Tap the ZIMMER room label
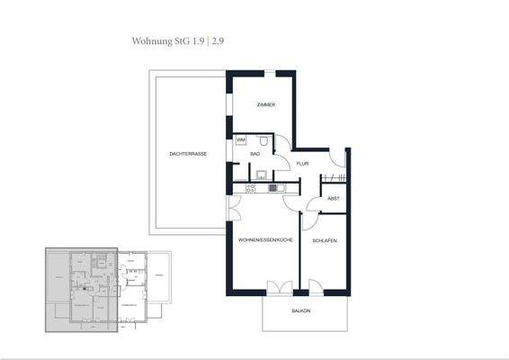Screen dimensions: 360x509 point(265,105)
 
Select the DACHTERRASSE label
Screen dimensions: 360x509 point(188,155)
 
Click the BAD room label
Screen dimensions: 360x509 point(255,155)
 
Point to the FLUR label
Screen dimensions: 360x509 point(302,164)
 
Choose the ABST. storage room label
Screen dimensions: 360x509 point(333,198)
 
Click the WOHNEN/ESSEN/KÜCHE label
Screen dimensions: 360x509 point(265,241)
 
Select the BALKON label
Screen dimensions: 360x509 point(301,310)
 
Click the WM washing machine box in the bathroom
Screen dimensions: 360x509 point(240,141)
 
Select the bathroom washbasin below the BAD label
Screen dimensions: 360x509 point(259,174)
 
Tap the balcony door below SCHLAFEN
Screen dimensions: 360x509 point(316,287)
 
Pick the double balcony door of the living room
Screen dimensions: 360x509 point(279,287)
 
